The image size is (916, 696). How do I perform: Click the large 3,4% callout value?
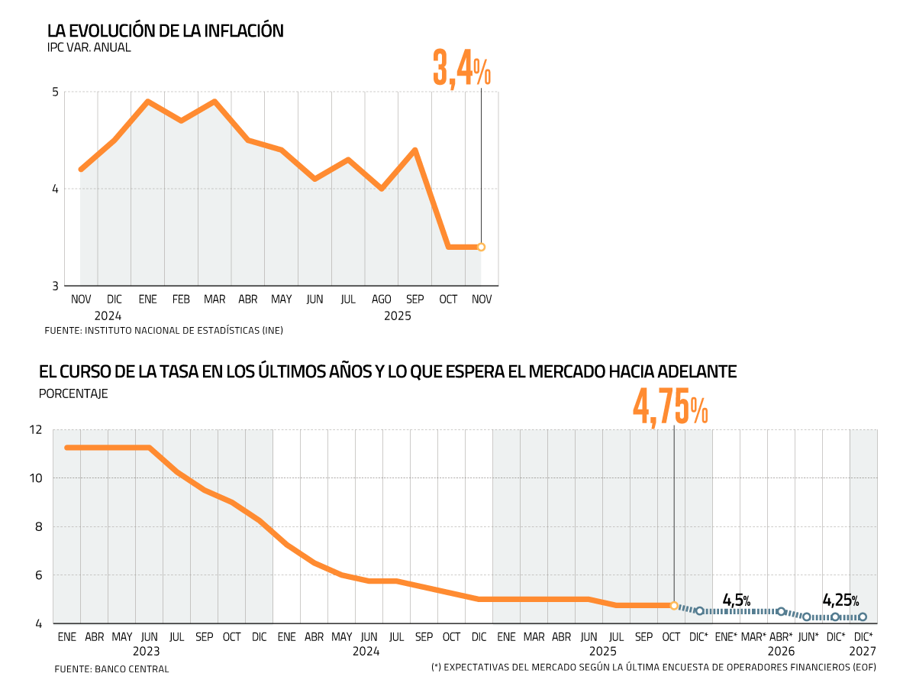point(461,68)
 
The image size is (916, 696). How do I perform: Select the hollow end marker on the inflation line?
point(481,247)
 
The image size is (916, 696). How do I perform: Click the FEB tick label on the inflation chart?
point(181,299)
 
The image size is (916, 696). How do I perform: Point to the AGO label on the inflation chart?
point(381,299)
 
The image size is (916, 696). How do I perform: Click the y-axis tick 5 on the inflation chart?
point(55,92)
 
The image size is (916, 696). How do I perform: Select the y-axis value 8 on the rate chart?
point(40,527)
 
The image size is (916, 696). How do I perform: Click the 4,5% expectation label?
point(736,600)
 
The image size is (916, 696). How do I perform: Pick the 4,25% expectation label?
point(840,600)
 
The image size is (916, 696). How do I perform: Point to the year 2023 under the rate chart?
point(146,651)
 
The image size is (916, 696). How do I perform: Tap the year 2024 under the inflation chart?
point(108,315)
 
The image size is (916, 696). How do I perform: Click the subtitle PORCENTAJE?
point(73,394)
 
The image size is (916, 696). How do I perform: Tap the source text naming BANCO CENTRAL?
point(132,668)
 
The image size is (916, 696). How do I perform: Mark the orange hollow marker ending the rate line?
point(674,605)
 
